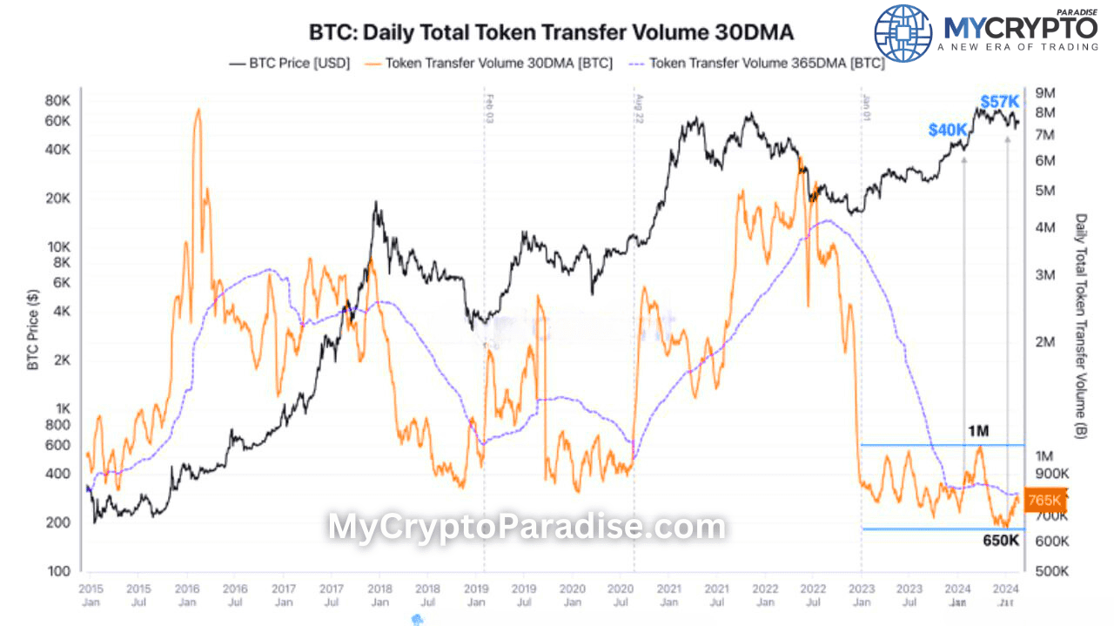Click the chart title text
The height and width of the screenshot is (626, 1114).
point(551,32)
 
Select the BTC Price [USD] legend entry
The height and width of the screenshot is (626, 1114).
point(289,63)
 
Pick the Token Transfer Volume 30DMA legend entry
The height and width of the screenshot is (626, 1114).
point(489,63)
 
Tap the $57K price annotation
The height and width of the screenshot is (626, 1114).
point(1000,101)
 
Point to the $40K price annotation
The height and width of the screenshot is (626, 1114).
point(947,130)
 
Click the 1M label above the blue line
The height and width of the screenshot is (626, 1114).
point(978,431)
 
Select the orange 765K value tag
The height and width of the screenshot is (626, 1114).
point(1044,500)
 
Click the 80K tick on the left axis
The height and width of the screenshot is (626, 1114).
point(57,100)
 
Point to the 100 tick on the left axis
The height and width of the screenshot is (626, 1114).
point(59,571)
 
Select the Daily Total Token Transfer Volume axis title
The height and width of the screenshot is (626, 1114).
point(1081,326)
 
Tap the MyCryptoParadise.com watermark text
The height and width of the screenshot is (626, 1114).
point(526,527)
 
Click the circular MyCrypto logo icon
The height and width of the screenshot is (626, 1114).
point(903,33)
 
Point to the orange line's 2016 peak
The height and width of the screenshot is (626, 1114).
point(198,110)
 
